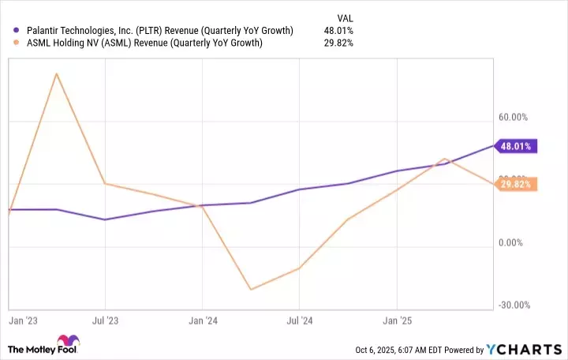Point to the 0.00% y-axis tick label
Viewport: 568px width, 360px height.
tap(513, 243)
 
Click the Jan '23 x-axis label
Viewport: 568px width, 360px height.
tap(24, 321)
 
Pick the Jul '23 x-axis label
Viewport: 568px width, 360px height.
tap(105, 321)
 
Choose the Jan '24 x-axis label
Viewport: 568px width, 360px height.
tap(203, 321)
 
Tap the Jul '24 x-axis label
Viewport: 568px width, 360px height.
tap(300, 321)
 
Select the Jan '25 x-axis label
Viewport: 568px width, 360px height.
tap(397, 321)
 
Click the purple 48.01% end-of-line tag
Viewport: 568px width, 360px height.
tap(516, 145)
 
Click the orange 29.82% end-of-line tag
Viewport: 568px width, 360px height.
tap(516, 185)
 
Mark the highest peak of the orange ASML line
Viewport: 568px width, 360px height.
tap(56, 73)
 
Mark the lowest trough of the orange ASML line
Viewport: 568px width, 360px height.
tap(251, 289)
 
